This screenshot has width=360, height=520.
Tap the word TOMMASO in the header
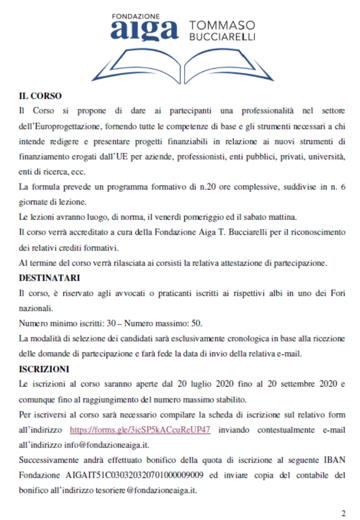[221, 25]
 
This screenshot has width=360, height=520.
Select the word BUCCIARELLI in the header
[222, 37]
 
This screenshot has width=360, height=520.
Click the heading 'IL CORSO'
[40, 95]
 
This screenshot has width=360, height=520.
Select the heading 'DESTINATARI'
[49, 277]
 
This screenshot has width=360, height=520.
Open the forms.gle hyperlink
[139, 429]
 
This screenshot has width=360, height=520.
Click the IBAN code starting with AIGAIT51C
[136, 474]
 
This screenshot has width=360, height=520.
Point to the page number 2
[343, 513]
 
